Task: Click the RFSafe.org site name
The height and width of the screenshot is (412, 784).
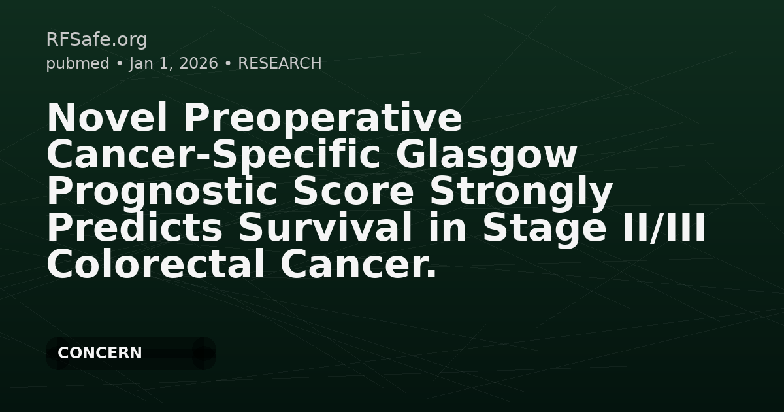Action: coord(97,40)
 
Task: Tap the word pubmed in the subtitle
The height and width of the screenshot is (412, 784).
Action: coord(77,63)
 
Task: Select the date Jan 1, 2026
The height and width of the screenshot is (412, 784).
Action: coord(174,63)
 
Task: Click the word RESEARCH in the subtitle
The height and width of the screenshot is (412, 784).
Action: coord(280,63)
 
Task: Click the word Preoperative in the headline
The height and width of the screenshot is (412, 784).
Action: coord(322,118)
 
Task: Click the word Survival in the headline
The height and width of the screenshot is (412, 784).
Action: coord(325,228)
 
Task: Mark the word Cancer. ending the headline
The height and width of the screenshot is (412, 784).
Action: coord(359,265)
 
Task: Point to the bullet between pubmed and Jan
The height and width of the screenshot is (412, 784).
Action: coord(120,64)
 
